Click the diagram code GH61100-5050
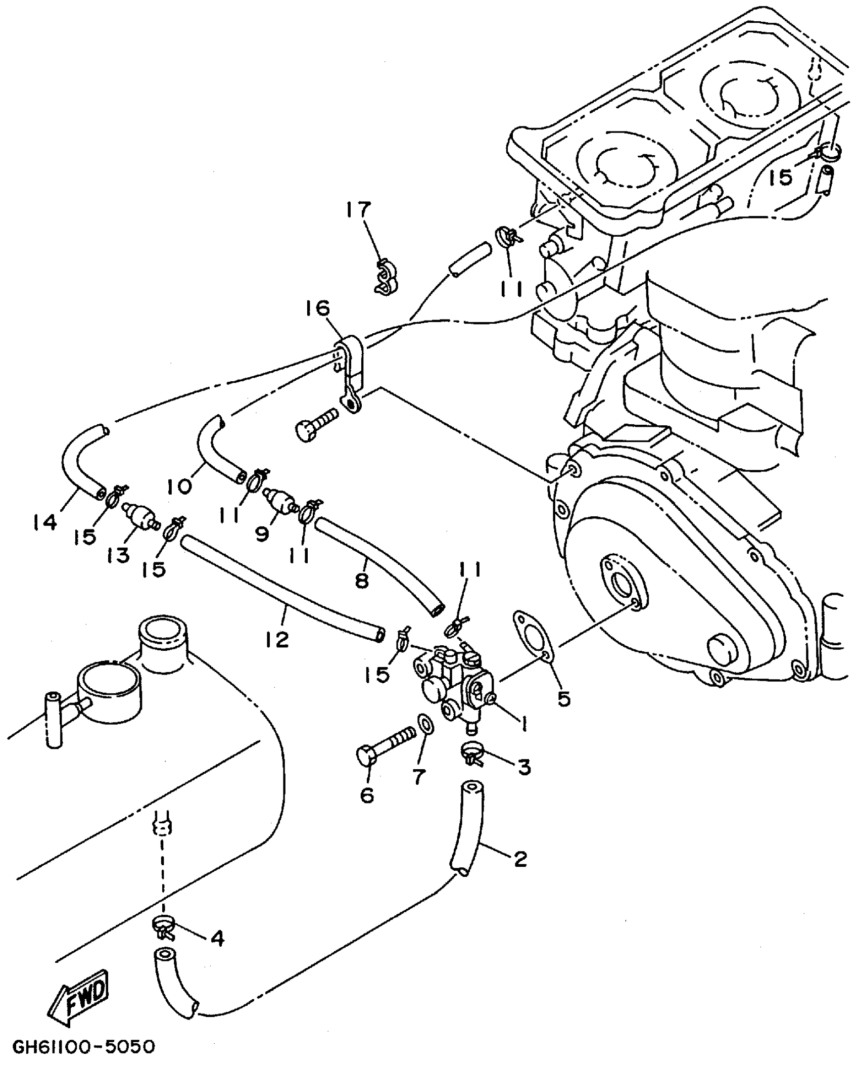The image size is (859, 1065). tap(84, 1047)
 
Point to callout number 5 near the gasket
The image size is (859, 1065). tap(563, 698)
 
